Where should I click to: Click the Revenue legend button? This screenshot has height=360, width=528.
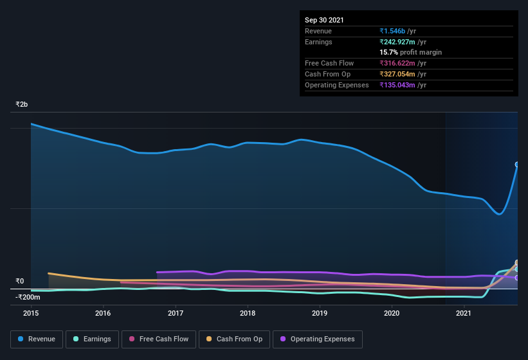(x=37, y=339)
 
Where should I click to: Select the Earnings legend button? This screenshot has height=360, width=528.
(x=93, y=339)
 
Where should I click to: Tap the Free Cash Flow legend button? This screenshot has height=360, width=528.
(x=159, y=339)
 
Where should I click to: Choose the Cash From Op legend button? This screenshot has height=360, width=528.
(x=233, y=339)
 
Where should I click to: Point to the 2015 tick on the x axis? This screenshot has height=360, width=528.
(x=32, y=313)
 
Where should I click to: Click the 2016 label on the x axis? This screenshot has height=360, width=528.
(x=103, y=313)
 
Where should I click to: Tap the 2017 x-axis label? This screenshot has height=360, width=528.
(x=176, y=313)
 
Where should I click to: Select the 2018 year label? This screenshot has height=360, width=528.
(x=248, y=313)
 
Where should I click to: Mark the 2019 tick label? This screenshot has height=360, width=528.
(x=320, y=313)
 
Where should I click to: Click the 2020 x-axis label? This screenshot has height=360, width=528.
(x=392, y=313)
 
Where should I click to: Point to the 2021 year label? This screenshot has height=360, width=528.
(x=464, y=313)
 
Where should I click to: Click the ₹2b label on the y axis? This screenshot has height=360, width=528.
(x=22, y=104)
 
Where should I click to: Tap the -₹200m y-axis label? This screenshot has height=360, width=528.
(x=28, y=297)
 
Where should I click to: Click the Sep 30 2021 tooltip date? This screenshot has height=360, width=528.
(x=324, y=20)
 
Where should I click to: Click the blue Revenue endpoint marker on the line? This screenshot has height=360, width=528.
(x=516, y=165)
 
